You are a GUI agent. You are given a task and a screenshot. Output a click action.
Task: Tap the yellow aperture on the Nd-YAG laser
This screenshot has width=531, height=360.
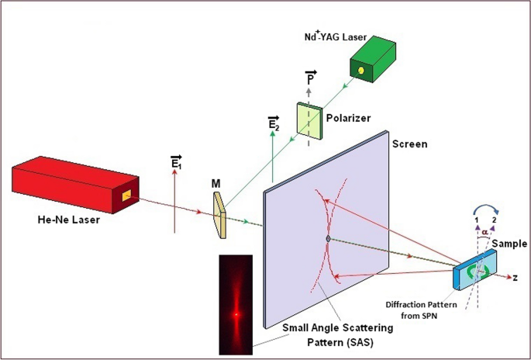tap(381, 70)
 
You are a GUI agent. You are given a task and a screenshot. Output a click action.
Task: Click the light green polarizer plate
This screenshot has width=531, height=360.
tap(309, 118)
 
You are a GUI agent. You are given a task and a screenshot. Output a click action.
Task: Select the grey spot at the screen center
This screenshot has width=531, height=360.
tap(329, 237)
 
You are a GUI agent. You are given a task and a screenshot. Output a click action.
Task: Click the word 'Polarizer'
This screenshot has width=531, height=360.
tap(348, 118)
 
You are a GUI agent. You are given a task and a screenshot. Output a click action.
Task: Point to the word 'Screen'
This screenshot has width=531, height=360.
tap(409, 144)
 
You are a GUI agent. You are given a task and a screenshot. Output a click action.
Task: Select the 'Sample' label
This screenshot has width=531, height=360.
tap(509, 243)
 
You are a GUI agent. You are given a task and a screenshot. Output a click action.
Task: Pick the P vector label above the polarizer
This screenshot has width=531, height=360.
tap(309, 80)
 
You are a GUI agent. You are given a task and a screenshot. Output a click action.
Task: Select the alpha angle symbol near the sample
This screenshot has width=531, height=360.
tap(485, 230)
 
